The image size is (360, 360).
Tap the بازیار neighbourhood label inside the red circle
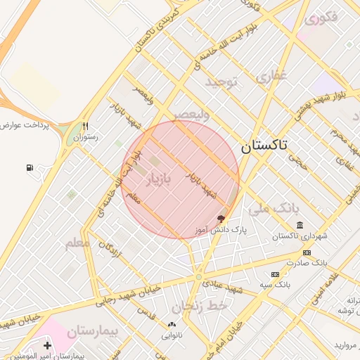coord(157,179)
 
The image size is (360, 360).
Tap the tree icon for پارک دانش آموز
coord(221,219)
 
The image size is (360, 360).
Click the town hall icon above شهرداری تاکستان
coord(300,225)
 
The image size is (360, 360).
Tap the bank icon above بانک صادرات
coord(307,252)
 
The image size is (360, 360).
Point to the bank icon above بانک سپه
coord(275,274)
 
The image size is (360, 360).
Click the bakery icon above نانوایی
coord(172,325)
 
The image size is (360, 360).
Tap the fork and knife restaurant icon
coord(85,127)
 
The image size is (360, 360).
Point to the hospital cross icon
coord(47,346)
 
